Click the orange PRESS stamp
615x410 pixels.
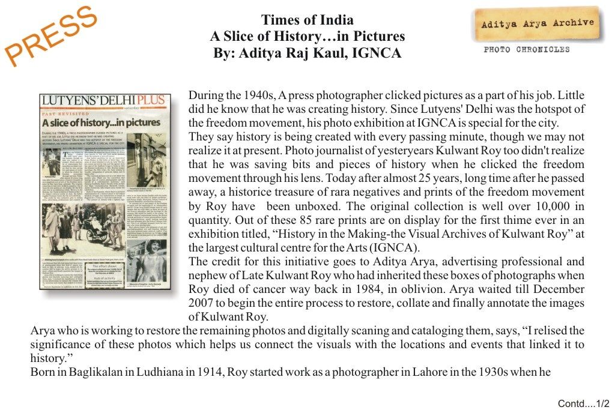[52, 35]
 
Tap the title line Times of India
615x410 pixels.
[307, 20]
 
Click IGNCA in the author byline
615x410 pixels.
[377, 53]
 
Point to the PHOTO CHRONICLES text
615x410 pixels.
[527, 50]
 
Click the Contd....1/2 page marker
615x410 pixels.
[583, 403]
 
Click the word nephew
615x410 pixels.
[208, 276]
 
